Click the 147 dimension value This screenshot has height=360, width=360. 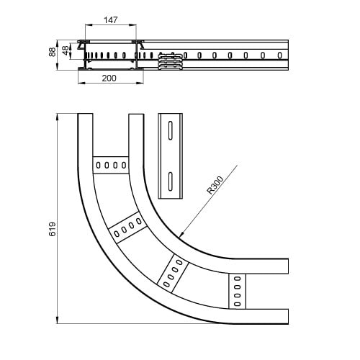click(111, 20)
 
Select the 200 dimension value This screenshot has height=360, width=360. click(109, 78)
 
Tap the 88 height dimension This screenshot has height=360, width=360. click(53, 52)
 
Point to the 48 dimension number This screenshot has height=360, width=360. click(66, 50)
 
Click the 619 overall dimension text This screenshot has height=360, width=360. click(53, 229)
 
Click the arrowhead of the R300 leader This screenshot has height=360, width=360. click(181, 234)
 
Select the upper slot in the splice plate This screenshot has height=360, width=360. click(171, 130)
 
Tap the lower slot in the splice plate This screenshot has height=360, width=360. click(171, 181)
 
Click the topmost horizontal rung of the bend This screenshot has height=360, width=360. click(111, 165)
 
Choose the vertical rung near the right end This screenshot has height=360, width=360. click(237, 291)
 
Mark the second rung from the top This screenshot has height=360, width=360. click(127, 227)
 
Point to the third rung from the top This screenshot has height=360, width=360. click(173, 274)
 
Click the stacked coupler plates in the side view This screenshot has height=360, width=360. click(170, 61)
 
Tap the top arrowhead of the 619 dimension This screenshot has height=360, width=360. click(57, 117)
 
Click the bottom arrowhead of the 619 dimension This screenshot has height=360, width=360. click(57, 320)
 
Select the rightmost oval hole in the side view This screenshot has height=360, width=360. click(279, 55)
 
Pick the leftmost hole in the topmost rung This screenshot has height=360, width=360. click(98, 165)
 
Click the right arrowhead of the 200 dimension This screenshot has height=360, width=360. click(140, 83)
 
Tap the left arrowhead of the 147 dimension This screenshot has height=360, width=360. click(89, 24)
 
